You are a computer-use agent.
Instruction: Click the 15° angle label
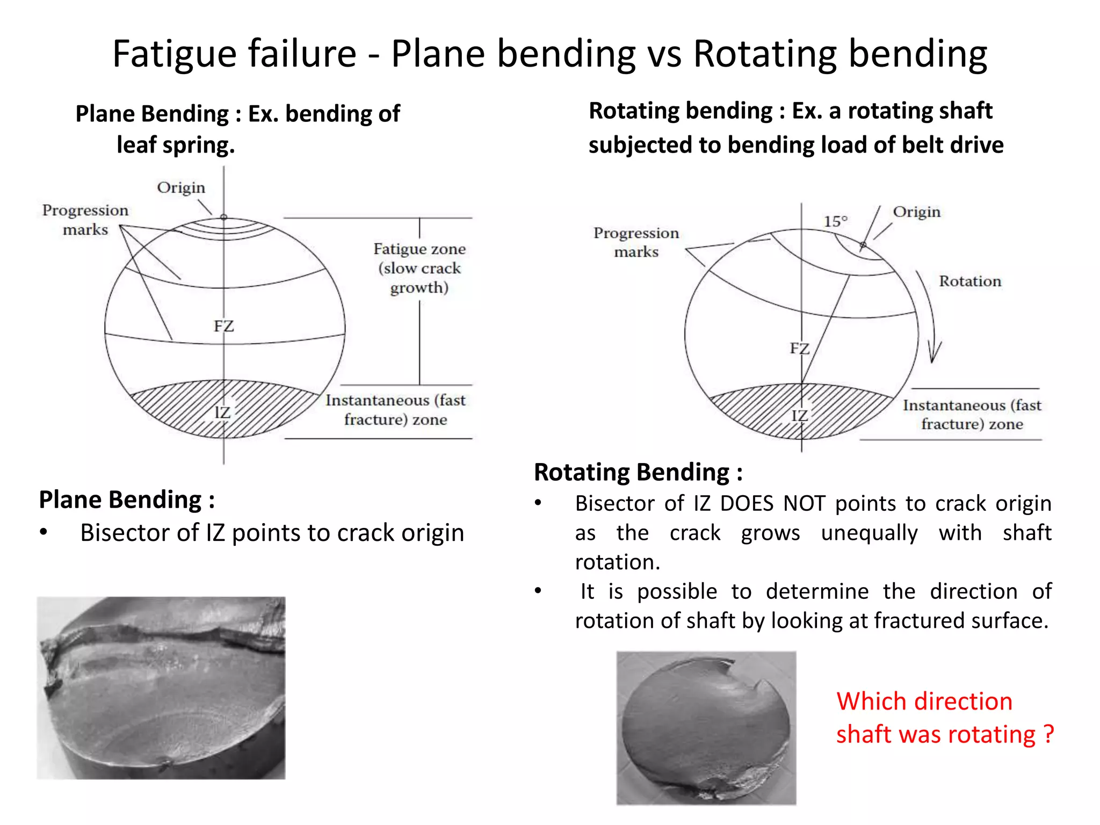[835, 221]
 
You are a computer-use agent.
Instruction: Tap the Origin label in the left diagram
[181, 187]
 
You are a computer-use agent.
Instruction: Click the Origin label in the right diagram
[916, 212]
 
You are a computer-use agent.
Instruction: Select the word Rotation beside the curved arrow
[969, 281]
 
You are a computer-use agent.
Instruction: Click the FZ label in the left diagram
[223, 326]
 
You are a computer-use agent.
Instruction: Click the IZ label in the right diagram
[799, 415]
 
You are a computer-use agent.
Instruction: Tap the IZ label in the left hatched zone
[222, 412]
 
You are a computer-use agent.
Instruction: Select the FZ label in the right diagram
[799, 349]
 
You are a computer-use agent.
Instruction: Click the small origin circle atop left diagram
[224, 217]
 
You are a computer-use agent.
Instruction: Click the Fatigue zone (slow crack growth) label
[419, 268]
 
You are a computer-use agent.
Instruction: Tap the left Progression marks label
[85, 220]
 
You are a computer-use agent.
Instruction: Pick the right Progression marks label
[636, 242]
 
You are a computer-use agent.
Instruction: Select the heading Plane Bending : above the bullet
[127, 500]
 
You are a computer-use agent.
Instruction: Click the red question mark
[1048, 734]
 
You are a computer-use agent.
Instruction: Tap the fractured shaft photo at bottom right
[706, 728]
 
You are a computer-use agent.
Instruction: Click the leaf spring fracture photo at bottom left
[161, 688]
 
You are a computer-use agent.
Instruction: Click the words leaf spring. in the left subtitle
[176, 145]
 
